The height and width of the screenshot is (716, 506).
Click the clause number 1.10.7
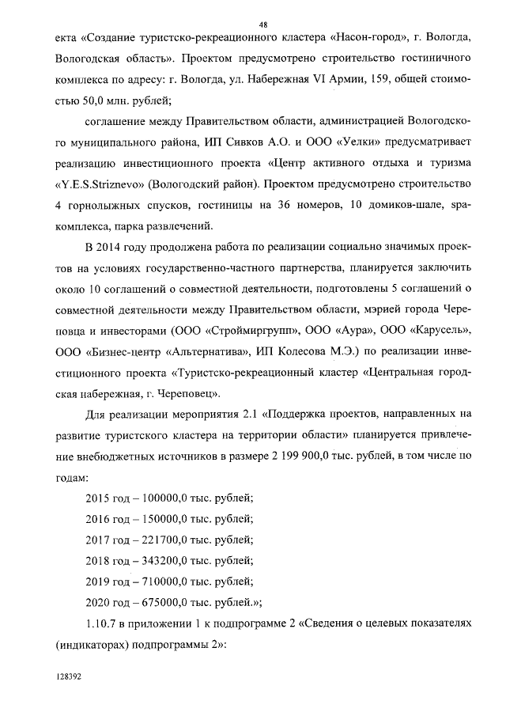tap(101, 622)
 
